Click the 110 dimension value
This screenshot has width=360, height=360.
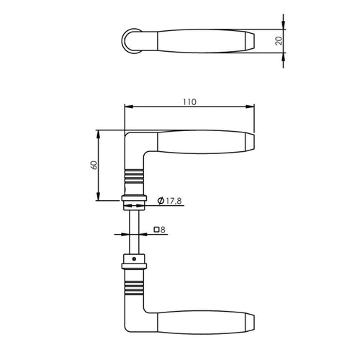[189, 102]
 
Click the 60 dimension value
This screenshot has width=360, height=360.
[94, 165]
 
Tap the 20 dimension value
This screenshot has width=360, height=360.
[279, 41]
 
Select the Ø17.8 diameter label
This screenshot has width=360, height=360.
[169, 200]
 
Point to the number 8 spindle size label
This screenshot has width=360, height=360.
[163, 230]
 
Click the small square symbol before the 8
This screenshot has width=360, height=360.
[156, 230]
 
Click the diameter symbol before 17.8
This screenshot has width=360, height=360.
[161, 200]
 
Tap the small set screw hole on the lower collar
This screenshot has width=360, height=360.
[134, 259]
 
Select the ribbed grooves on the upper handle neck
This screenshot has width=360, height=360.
[134, 175]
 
